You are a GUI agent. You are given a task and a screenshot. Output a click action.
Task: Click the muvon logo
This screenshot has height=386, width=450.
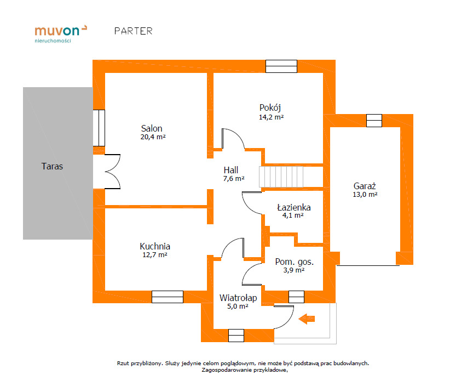[x=61, y=34]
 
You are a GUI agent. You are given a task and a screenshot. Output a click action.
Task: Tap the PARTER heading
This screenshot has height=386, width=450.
[x=134, y=31]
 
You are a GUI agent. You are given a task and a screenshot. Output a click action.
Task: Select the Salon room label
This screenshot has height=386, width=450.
[x=152, y=128]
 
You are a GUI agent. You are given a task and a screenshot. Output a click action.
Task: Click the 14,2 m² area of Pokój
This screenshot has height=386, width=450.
[x=271, y=117]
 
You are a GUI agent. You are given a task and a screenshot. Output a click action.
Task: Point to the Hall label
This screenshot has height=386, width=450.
[x=231, y=170]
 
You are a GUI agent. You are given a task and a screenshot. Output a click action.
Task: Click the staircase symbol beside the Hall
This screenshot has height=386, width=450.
[x=281, y=177]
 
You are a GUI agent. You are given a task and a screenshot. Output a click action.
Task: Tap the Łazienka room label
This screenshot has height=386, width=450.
[x=294, y=207]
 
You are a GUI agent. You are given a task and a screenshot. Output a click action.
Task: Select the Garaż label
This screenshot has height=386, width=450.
[x=365, y=186]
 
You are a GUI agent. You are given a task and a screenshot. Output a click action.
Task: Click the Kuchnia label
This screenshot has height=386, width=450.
[x=155, y=246]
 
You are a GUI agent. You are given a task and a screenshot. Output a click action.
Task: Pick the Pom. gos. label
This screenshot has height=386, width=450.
[x=295, y=262]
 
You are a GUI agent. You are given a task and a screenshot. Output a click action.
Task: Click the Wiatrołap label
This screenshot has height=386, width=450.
[x=238, y=298]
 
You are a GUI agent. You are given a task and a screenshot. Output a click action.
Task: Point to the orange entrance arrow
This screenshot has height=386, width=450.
[x=307, y=319]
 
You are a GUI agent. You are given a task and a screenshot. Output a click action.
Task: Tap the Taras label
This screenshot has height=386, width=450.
[x=52, y=166]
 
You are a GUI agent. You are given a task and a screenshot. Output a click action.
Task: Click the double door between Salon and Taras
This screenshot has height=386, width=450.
[x=113, y=172]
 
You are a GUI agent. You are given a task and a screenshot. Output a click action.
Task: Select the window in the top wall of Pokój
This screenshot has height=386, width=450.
[x=281, y=66]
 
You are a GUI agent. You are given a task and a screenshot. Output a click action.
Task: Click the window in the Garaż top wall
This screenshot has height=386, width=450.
[x=374, y=121]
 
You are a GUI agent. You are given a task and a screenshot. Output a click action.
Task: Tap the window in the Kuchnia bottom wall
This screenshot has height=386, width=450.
[x=168, y=297]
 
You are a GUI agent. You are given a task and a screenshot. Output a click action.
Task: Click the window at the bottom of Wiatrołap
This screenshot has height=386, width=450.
[x=236, y=336]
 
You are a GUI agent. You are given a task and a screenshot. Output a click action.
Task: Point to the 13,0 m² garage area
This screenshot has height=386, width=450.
[x=365, y=195]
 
